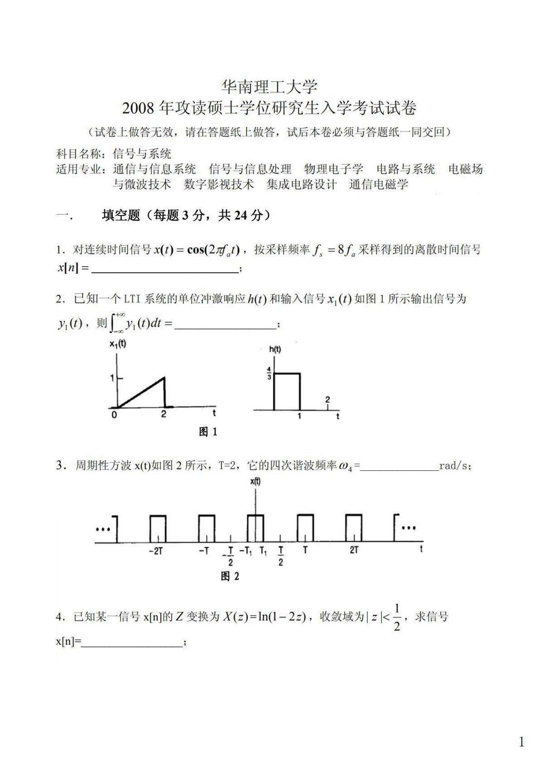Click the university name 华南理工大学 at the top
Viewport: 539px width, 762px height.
click(x=269, y=86)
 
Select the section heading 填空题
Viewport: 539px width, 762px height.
click(x=121, y=216)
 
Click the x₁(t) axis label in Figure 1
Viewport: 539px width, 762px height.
click(x=118, y=344)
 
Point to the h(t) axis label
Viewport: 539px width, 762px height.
click(x=274, y=349)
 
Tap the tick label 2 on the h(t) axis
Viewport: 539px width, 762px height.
click(x=327, y=399)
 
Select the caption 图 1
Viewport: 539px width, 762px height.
click(x=208, y=432)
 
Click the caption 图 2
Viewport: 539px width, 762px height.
click(x=230, y=576)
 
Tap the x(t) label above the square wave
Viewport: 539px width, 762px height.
click(x=255, y=482)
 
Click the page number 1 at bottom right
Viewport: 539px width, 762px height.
click(x=521, y=742)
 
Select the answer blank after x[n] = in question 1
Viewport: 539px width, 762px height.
click(x=165, y=269)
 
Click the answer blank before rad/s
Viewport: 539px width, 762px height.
click(x=399, y=467)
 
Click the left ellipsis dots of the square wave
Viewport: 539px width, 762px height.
click(x=103, y=529)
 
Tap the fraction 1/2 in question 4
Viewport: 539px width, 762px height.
click(x=397, y=617)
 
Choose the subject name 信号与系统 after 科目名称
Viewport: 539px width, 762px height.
click(x=142, y=154)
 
